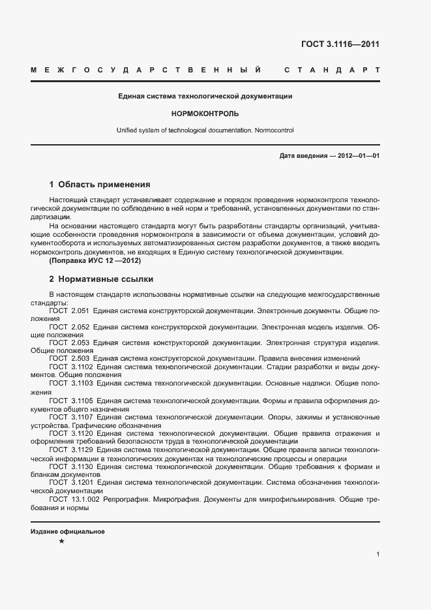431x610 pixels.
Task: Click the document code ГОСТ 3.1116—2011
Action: pos(340,45)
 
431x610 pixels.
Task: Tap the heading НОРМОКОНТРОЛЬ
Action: pos(205,113)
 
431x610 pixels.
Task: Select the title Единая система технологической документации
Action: pos(205,96)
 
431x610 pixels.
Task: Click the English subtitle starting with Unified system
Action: pos(205,130)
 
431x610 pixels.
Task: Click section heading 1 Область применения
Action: pos(100,185)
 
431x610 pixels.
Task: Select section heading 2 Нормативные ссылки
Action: pos(101,279)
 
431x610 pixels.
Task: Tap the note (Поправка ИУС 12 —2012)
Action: pos(95,260)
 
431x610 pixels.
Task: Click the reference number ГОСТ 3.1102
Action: pos(70,367)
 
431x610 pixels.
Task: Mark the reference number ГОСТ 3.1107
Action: pos(70,417)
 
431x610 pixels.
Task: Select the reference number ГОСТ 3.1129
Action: pos(70,450)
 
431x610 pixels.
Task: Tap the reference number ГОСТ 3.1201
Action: pos(70,482)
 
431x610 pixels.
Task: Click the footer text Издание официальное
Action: pos(68,532)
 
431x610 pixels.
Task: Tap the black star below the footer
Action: pos(61,542)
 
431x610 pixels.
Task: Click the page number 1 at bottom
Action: pos(378,554)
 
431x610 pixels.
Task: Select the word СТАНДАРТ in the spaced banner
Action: pos(331,69)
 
